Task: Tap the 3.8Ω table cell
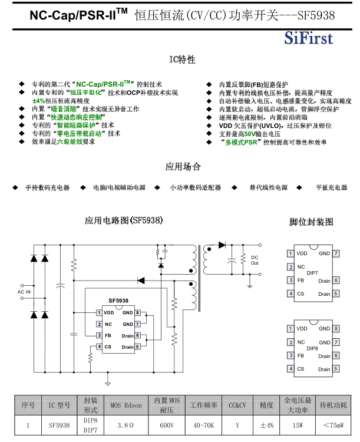[125, 424]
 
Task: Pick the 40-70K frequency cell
[204, 424]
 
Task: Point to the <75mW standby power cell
[333, 424]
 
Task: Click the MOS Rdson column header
[125, 405]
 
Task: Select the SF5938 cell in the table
[60, 424]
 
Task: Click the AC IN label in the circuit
[25, 292]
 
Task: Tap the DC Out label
[255, 260]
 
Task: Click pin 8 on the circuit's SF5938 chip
[137, 312]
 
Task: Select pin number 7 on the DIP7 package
[335, 253]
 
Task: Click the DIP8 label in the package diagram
[312, 348]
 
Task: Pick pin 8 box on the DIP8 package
[335, 329]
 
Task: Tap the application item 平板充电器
[331, 187]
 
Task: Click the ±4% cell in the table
[266, 424]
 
